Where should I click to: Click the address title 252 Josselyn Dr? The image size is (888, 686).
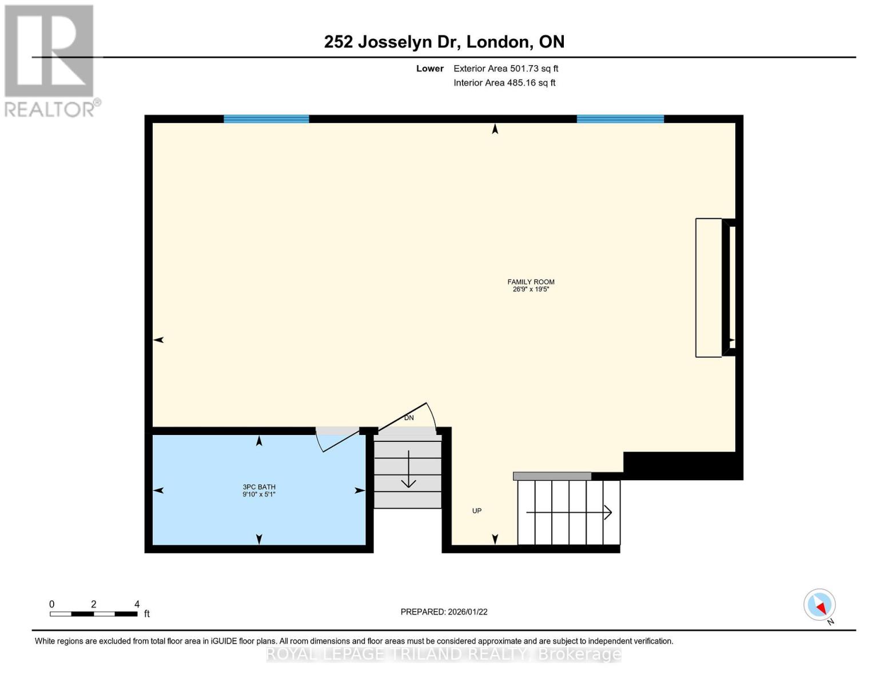(x=444, y=42)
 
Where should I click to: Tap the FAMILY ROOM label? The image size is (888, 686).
(x=531, y=282)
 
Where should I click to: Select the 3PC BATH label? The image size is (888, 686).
(x=258, y=487)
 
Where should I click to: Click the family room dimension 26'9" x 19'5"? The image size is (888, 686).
(x=531, y=289)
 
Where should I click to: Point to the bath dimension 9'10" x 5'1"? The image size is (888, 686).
(x=258, y=494)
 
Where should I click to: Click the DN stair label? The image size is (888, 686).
(x=409, y=418)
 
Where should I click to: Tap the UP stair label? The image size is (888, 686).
(x=477, y=510)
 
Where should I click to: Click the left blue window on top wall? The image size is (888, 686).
(x=266, y=119)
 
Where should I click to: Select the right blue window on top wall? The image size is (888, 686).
(x=620, y=119)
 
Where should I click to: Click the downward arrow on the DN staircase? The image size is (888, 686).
(x=408, y=470)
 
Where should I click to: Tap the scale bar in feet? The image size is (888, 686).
(x=93, y=614)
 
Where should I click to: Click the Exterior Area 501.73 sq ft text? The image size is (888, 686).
(x=505, y=69)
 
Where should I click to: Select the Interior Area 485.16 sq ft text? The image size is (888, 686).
(x=504, y=83)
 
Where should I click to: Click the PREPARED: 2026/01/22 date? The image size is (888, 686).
(x=444, y=612)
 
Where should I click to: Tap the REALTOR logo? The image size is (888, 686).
(x=50, y=60)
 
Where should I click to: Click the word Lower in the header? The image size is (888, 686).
(x=429, y=69)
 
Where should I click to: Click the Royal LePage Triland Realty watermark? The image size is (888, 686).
(x=444, y=654)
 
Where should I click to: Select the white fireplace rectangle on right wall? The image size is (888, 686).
(x=708, y=288)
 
